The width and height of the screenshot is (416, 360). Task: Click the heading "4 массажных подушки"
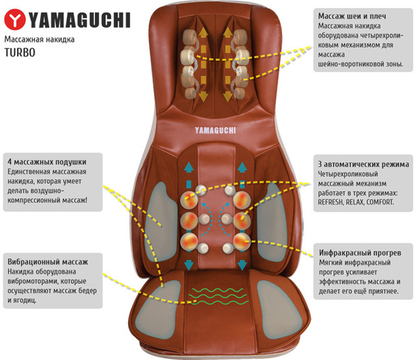(x=46, y=161)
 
